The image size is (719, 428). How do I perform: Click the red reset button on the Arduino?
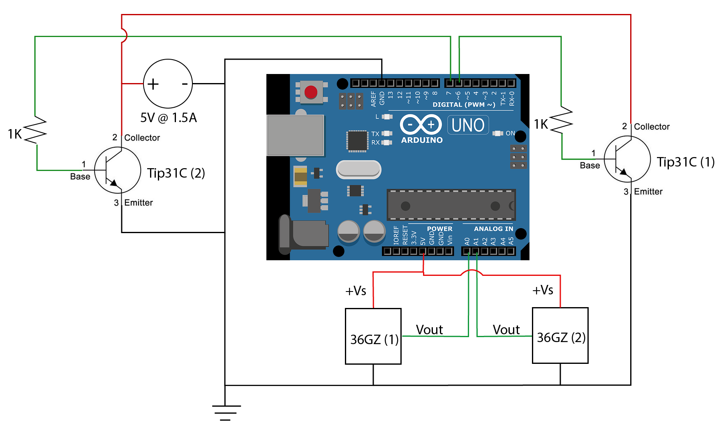(x=311, y=92)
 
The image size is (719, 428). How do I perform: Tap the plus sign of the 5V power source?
(x=153, y=84)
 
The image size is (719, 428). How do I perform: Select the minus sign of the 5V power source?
(x=185, y=84)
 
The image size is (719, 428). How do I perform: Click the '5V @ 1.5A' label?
(x=169, y=118)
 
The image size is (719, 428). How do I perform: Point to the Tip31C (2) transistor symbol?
(x=118, y=170)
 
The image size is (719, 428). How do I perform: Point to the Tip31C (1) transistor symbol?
(x=627, y=159)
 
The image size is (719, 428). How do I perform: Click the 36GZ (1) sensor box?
(x=373, y=336)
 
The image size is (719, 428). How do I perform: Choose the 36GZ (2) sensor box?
(x=560, y=335)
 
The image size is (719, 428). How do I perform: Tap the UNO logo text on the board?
(x=468, y=125)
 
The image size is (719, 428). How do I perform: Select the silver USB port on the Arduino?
(x=295, y=135)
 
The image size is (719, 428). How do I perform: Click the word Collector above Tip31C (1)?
(x=652, y=127)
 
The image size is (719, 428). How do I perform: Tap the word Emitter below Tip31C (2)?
(x=139, y=203)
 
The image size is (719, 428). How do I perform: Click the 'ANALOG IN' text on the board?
(x=493, y=229)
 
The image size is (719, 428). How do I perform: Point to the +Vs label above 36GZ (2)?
(x=543, y=290)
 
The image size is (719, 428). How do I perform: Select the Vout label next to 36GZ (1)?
(x=429, y=330)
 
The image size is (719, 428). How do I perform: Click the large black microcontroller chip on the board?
(x=451, y=205)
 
